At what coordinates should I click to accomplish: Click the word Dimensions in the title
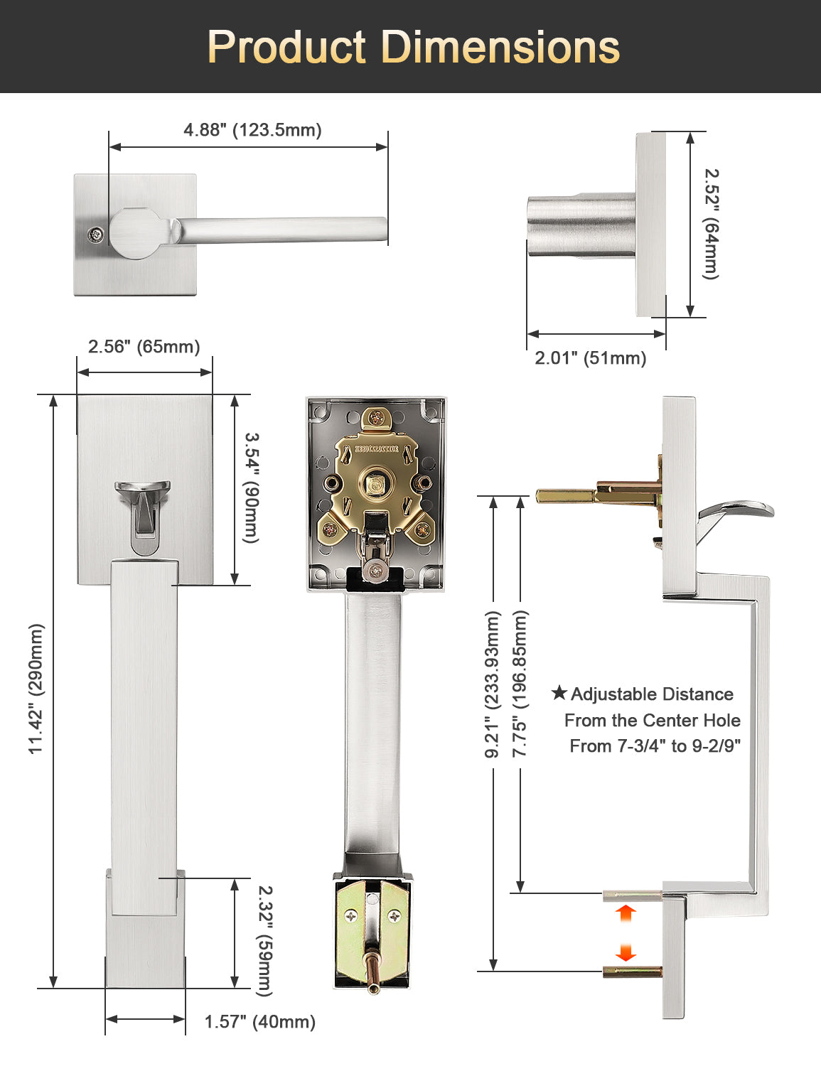500,47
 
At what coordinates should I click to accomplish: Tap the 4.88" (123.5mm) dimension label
252,130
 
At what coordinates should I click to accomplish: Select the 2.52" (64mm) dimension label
711,224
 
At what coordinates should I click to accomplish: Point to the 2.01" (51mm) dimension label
591,357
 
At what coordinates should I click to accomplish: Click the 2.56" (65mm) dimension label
144,346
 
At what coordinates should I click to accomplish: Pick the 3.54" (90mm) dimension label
251,488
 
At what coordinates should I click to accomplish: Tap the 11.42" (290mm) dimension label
36,689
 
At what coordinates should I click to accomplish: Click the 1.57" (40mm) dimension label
260,1022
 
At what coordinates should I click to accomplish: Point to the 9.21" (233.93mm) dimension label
492,684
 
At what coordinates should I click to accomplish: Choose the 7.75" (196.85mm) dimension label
520,684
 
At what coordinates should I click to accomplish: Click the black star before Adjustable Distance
559,693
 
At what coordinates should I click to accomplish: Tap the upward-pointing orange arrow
626,913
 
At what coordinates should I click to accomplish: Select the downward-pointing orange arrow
626,952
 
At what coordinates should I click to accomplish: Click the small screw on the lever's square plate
96,235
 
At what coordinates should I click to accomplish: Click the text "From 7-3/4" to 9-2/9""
655,746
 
